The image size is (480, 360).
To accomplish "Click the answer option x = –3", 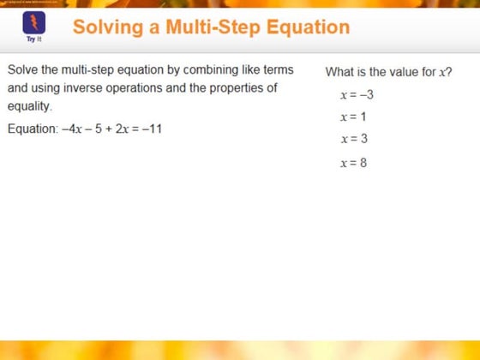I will tap(356, 94).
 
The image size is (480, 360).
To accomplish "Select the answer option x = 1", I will tap(352, 117).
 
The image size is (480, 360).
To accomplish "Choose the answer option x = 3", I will tap(353, 139).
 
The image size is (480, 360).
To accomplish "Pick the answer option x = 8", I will tap(353, 162).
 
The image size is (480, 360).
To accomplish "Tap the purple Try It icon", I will tap(33, 25).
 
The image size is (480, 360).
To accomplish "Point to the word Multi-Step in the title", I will tap(211, 27).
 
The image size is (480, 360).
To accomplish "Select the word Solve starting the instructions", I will tap(25, 69).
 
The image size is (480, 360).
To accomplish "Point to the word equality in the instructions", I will tap(29, 107).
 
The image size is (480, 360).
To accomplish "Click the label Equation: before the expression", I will tap(33, 129).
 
